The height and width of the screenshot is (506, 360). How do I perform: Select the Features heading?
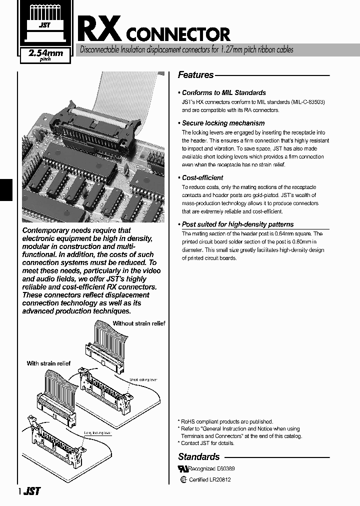click(196, 75)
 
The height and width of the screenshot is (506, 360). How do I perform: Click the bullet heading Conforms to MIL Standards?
click(223, 92)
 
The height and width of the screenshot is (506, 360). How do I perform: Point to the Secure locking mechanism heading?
click(223, 123)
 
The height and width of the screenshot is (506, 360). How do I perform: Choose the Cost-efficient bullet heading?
click(202, 177)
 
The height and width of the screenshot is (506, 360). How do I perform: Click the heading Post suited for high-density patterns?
click(237, 224)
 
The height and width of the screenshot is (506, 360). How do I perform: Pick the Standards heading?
click(199, 456)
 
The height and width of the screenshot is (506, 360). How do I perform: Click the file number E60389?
click(225, 469)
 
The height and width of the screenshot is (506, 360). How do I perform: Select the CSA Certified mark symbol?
click(183, 479)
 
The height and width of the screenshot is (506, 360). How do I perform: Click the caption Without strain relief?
click(138, 323)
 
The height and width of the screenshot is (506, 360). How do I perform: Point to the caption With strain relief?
click(48, 363)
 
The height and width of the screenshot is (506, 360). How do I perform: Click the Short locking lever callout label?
click(143, 380)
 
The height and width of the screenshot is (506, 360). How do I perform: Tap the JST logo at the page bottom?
click(31, 491)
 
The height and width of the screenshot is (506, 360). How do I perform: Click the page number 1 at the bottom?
click(19, 491)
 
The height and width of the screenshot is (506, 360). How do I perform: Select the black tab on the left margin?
click(5, 189)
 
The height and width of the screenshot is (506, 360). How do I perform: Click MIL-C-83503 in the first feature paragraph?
click(307, 101)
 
